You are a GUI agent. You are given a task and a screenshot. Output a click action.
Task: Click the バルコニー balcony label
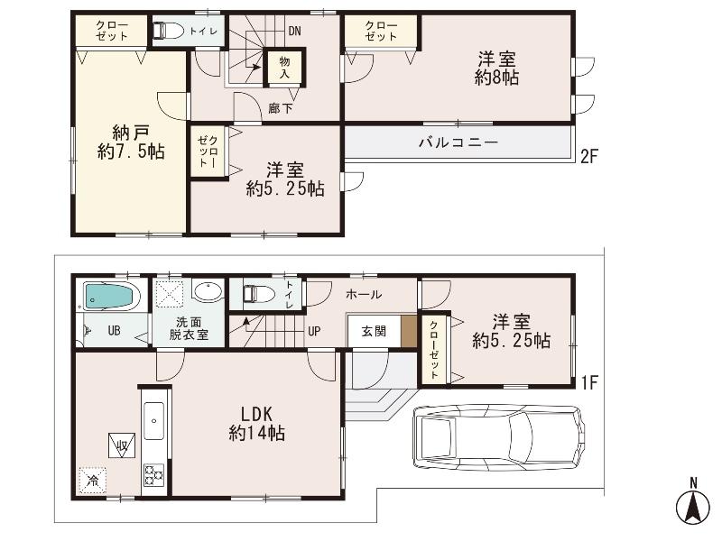pos(458,142)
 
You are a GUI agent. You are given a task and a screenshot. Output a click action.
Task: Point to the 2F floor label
pos(589,155)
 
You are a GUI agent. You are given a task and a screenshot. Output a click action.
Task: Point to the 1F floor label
pos(589,382)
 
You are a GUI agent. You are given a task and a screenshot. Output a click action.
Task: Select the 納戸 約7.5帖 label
pos(131,142)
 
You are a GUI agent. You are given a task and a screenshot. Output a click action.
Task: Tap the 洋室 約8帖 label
pos(496,69)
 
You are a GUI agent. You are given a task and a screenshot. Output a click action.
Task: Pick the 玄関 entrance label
pos(374,331)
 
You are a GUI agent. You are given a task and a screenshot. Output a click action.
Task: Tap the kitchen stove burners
pos(153,472)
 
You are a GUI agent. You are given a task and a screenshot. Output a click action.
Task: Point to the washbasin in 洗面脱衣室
pos(208,293)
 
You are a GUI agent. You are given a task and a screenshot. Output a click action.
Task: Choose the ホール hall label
pos(363,294)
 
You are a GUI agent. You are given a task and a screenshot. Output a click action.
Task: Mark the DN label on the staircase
pos(294,31)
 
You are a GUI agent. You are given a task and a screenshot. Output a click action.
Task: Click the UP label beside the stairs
pos(314,331)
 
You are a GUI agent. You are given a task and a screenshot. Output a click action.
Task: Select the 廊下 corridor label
pos(280,108)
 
